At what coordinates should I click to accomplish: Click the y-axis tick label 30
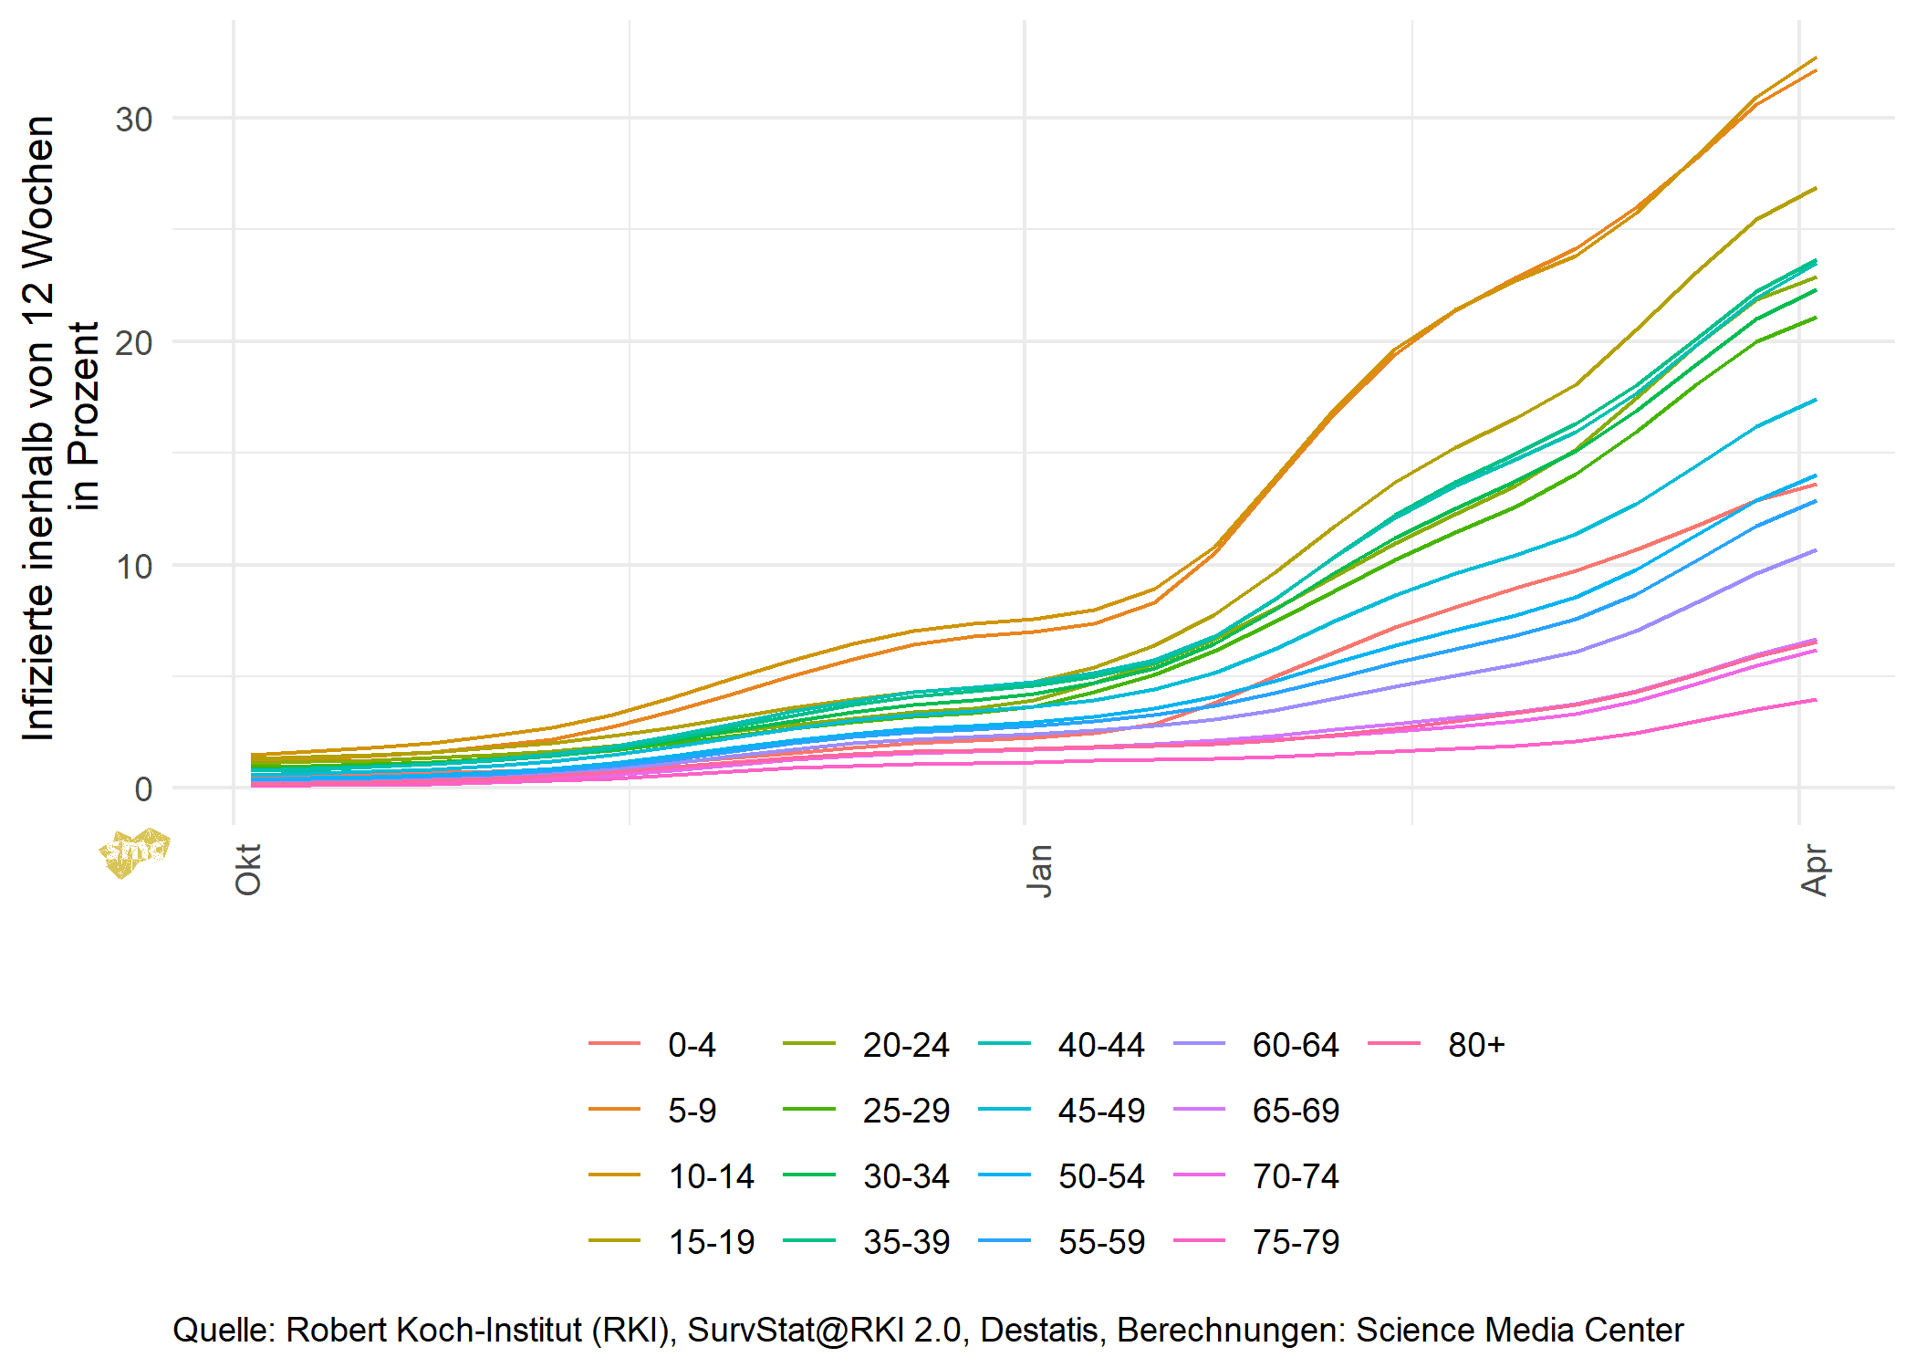point(133,120)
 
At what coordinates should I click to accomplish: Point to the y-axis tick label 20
point(133,343)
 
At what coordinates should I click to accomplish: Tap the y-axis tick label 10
point(133,567)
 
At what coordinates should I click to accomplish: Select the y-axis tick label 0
point(143,790)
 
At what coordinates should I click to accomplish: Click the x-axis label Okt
point(248,869)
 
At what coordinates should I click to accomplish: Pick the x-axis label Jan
point(1040,871)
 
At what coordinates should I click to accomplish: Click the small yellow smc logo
point(134,852)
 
